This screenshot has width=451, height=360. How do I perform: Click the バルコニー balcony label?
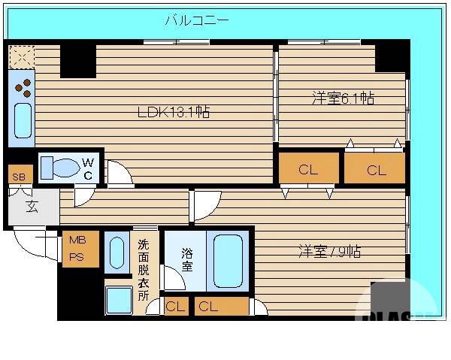(x=196, y=20)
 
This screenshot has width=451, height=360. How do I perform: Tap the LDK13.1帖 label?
(x=173, y=113)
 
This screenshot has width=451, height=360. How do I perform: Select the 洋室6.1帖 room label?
(x=344, y=98)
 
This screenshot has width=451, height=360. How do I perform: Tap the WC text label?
(x=88, y=168)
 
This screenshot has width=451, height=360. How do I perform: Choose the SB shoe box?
(x=17, y=177)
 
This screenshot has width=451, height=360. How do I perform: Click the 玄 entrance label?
(x=33, y=206)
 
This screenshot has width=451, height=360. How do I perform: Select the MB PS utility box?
(x=77, y=247)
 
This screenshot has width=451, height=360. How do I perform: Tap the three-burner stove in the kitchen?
(x=23, y=87)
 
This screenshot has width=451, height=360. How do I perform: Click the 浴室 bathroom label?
(x=186, y=259)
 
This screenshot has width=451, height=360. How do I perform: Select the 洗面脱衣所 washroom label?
(x=143, y=268)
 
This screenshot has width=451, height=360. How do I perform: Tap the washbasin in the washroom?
(x=118, y=253)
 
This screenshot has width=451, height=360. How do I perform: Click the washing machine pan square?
(x=118, y=299)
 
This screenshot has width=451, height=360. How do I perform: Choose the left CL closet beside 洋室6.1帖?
(x=308, y=170)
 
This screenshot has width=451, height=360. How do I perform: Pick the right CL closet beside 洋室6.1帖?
(x=376, y=170)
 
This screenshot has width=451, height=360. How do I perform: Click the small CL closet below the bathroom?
(x=175, y=306)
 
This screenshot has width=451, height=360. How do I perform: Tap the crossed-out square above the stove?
(x=22, y=56)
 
